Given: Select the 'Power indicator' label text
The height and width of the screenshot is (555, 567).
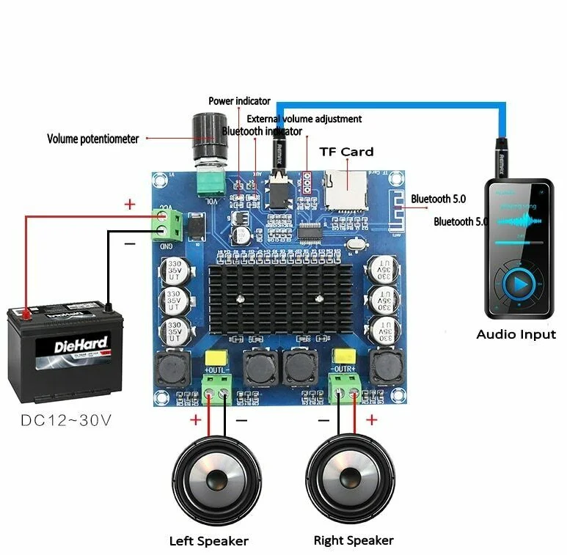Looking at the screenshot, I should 239,101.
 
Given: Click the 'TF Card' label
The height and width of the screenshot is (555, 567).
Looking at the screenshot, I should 346,152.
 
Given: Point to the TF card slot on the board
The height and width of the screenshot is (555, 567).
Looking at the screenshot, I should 345,190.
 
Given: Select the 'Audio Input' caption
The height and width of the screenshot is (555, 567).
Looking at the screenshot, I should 516,334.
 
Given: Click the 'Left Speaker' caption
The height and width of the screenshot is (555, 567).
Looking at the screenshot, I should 209,542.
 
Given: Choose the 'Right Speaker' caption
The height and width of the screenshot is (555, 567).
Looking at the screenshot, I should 354,541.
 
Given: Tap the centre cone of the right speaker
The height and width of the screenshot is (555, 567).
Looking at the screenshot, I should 351,480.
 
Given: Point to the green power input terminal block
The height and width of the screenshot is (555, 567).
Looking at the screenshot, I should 168,223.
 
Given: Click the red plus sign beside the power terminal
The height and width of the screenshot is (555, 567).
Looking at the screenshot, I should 131,205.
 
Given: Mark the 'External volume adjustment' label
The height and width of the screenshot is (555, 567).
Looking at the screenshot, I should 304,118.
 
